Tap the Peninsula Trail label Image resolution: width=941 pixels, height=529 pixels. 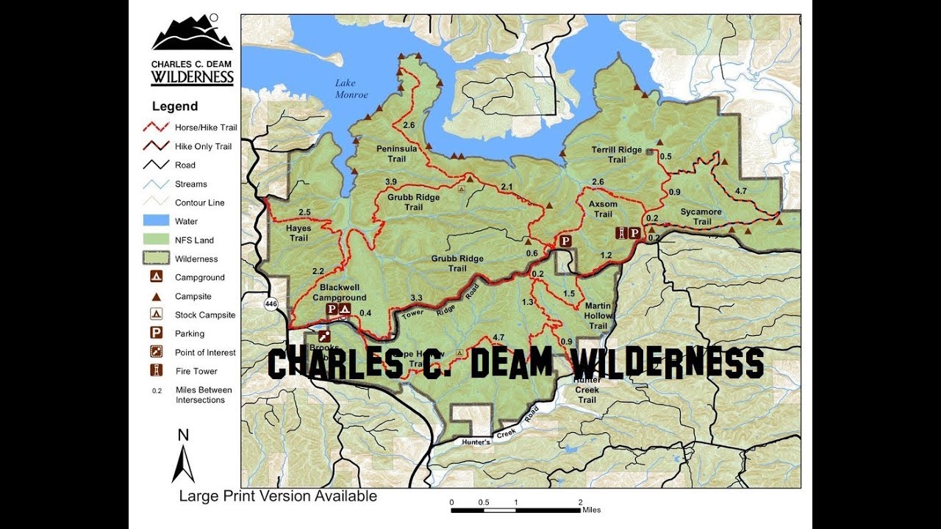point(391,154)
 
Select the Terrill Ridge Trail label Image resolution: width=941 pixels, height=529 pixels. point(616,154)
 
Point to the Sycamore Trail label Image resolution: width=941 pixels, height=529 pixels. point(701,217)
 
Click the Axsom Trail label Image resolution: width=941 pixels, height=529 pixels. point(603,209)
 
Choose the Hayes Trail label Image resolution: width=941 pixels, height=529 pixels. point(298,233)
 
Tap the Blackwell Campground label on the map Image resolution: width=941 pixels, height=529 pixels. point(339,292)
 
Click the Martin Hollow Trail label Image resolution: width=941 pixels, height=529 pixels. point(598,315)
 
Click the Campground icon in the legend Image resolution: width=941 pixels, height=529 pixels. point(157,278)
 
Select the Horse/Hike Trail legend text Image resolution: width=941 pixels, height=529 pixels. point(205,128)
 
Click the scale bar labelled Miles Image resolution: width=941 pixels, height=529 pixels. point(515,508)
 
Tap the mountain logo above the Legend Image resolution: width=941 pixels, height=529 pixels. point(192,33)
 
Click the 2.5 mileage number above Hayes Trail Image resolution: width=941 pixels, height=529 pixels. point(305,213)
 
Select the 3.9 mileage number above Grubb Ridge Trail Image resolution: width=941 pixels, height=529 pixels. point(391,182)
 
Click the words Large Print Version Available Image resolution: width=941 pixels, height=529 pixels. point(278,497)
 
